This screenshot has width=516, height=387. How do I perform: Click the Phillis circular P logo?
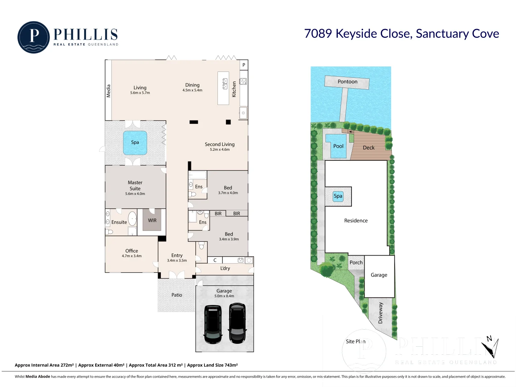click(x=33, y=37)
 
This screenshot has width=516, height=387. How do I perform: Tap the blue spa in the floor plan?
click(x=135, y=143)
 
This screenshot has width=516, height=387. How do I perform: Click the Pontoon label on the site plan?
click(x=347, y=82)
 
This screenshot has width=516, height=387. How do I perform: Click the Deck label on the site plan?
click(x=369, y=148)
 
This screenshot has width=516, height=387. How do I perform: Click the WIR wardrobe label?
click(x=152, y=220)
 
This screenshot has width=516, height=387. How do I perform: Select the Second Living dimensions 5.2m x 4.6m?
click(x=220, y=150)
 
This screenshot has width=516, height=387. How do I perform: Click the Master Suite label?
click(x=135, y=186)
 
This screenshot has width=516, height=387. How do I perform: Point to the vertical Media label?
click(x=108, y=91)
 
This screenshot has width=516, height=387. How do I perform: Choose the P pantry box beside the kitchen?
click(x=244, y=65)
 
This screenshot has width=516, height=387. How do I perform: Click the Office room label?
click(x=131, y=251)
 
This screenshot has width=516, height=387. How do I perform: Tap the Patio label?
click(x=177, y=295)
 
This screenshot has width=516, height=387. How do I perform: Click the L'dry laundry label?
click(x=225, y=268)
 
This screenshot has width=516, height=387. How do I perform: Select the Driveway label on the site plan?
click(x=380, y=313)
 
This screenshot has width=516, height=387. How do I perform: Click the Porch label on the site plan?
click(x=356, y=262)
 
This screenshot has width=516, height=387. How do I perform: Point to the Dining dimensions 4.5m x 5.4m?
click(x=192, y=90)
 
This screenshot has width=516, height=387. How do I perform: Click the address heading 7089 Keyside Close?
click(x=401, y=33)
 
